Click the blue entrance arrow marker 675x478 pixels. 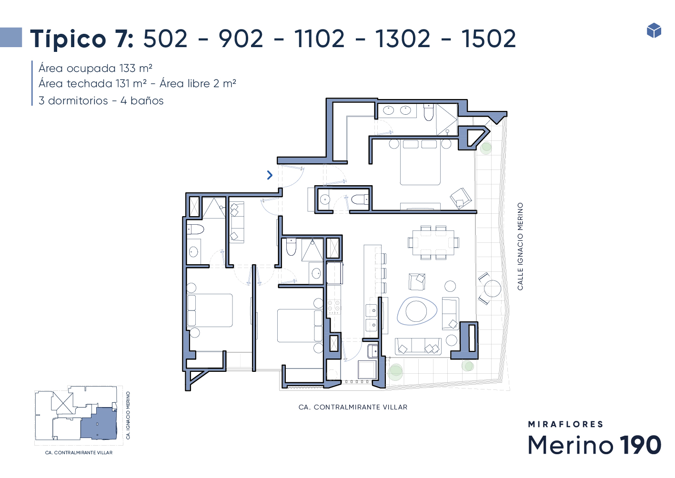pos(270,175)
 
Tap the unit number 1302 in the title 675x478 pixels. pos(403,39)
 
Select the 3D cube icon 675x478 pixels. pos(654,30)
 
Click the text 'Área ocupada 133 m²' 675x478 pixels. pos(95,69)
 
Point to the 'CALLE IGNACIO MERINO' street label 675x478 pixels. pos(520,246)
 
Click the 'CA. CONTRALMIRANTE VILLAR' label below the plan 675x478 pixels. pos(353,407)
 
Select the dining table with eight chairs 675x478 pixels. pos(433,242)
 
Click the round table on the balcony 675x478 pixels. pos(493,288)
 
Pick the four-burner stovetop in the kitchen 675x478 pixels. pos(334,306)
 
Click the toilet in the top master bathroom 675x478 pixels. pos(429,112)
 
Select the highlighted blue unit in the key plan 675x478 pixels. pos(99,423)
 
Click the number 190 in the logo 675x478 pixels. pos(640,445)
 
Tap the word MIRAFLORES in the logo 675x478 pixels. pos(565,424)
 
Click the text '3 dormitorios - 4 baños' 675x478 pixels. pos(101,100)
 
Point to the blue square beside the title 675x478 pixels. pos(11,37)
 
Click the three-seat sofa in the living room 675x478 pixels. pos(418,346)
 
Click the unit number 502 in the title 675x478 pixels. pos(165,39)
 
